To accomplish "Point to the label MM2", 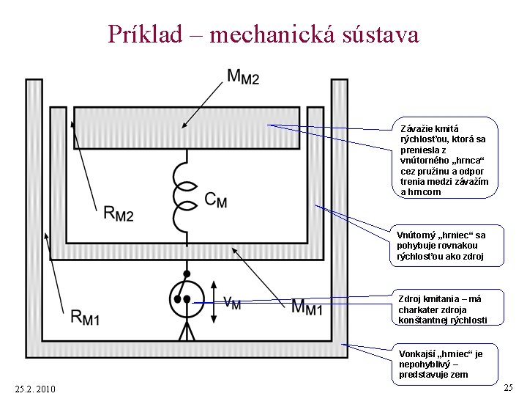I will coord(243,76).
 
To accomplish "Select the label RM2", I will coord(119,213).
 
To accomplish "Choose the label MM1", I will coord(307,307).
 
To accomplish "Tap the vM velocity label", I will coord(231,301).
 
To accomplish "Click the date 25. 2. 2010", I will coord(34,388).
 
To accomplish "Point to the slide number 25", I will coord(509,386).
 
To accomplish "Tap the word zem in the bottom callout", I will coord(457,375).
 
